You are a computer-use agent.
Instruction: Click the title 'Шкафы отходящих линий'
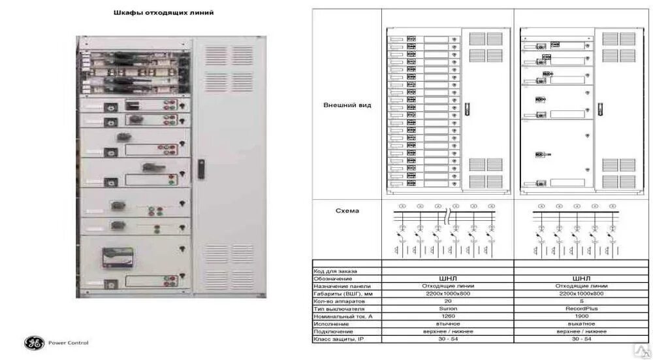pos(174,12)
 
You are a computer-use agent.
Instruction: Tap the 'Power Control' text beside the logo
pos(69,342)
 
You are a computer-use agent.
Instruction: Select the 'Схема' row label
pos(347,210)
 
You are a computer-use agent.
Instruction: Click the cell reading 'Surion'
pos(447,308)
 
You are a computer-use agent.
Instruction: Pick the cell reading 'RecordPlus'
pos(581,308)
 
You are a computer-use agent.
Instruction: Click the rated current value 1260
pos(447,316)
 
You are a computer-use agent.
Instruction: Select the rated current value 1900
pos(581,316)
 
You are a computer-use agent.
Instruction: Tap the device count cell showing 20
pos(447,301)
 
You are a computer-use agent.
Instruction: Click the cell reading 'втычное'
pos(447,323)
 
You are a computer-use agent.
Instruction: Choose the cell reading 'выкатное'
pos(581,323)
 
